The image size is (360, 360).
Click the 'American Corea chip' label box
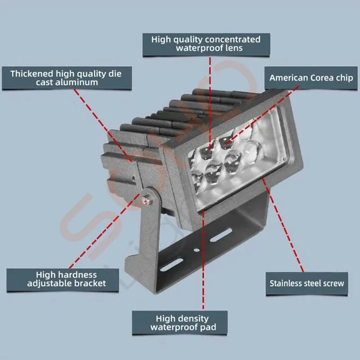point(311,78)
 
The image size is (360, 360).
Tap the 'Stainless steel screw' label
point(307,283)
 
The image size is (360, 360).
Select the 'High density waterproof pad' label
point(180,323)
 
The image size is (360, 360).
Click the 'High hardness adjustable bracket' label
point(63,280)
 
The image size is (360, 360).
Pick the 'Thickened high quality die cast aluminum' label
point(67,78)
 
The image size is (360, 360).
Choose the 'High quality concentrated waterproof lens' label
point(206,45)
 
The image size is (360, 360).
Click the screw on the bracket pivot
point(146,201)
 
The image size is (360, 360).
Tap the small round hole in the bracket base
point(197,250)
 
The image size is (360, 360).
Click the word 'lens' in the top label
point(234,48)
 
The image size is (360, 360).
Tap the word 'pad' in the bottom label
point(208,328)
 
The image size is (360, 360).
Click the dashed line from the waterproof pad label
point(203,260)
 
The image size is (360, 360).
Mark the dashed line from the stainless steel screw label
point(283,225)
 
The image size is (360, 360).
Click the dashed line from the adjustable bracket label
point(104,231)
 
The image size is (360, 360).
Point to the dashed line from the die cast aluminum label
point(103,126)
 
